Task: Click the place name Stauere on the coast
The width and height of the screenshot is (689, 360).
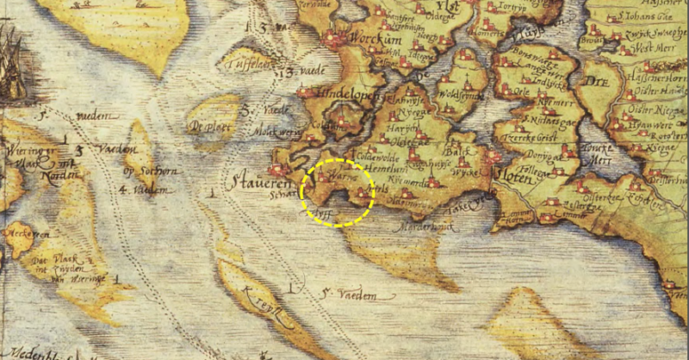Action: pos(256,182)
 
